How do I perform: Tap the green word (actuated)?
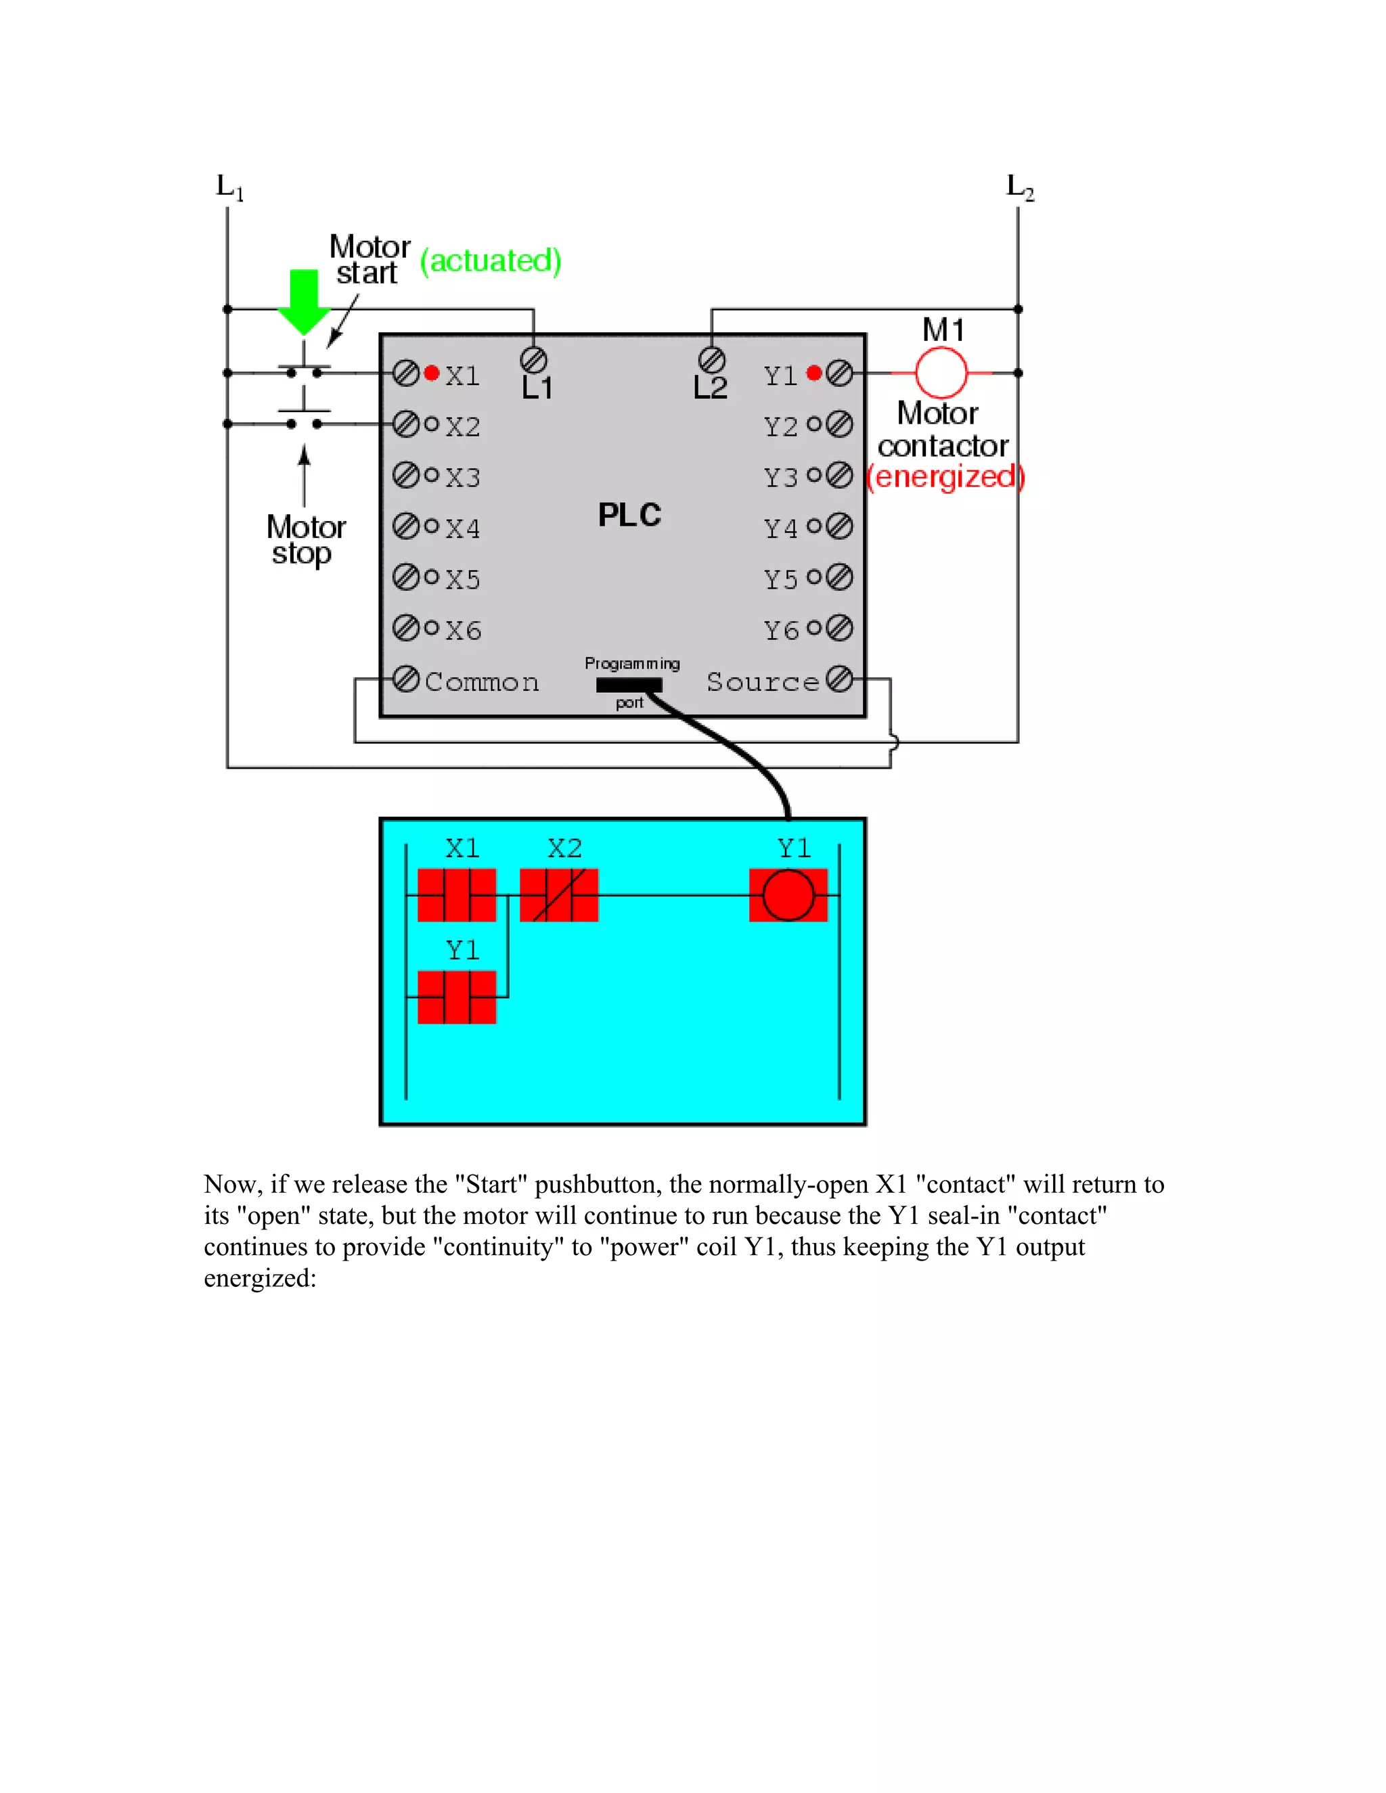tap(490, 261)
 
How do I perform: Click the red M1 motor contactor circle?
tap(941, 372)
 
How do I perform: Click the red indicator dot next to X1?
tap(431, 373)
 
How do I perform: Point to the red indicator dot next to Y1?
tap(813, 373)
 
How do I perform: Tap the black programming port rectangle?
tap(629, 685)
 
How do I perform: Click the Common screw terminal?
tap(405, 679)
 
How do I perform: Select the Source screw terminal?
tap(839, 679)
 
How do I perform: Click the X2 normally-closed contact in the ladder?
tap(559, 895)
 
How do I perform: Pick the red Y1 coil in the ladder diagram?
tap(788, 895)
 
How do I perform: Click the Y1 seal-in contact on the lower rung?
tap(457, 997)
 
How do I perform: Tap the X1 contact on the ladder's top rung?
tap(457, 895)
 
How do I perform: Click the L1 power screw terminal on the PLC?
tap(534, 359)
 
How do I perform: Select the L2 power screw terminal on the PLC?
tap(711, 359)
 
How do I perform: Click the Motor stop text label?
tap(305, 539)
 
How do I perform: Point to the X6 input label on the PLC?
tap(463, 630)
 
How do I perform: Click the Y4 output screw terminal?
tap(839, 526)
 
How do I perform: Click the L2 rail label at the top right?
tap(1020, 187)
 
